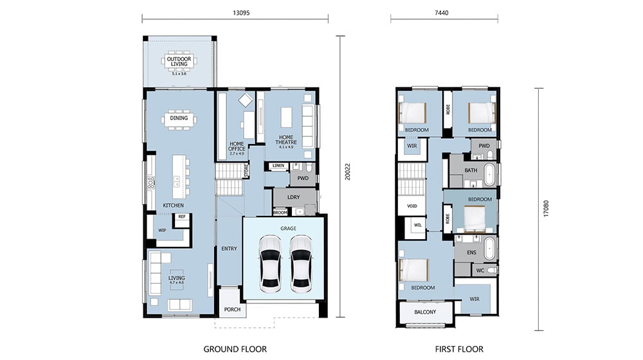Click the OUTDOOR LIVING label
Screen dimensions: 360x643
point(179,62)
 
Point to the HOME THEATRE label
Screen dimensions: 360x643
point(285,139)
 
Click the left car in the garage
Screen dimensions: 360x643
point(271,263)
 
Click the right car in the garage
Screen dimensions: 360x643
point(301,263)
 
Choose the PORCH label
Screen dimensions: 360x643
point(232,309)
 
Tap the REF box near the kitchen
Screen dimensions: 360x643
point(181,217)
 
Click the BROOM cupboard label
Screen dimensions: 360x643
point(280,212)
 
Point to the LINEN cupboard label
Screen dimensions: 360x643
point(278,166)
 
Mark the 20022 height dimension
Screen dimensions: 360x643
point(347,174)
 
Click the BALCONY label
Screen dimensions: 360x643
point(425,312)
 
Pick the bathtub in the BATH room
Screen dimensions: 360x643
point(489,174)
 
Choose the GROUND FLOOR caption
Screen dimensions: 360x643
point(235,348)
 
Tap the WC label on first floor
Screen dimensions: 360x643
point(480,271)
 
